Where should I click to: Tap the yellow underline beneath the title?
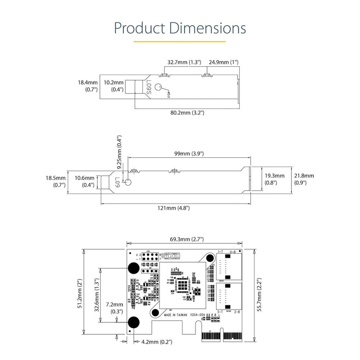coord(179,42)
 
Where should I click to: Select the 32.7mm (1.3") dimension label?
coord(184,62)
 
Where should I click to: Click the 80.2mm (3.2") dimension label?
coord(187,113)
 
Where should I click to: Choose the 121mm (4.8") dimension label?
coord(173,208)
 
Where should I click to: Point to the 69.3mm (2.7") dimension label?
coord(186,239)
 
